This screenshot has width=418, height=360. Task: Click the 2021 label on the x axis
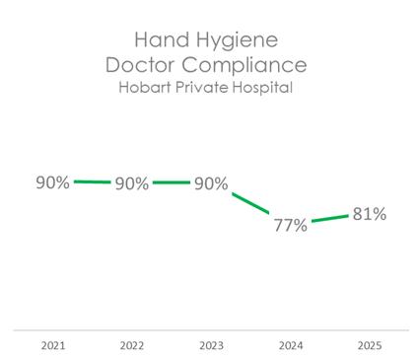53,345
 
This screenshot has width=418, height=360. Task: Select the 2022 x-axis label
132,345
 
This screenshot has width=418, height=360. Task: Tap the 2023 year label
212,345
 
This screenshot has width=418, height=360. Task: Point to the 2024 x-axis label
291,345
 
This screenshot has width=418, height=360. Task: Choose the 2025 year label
370,345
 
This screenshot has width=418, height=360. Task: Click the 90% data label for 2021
52,182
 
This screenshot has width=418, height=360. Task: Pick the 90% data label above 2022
132,183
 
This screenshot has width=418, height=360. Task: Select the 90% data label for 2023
211,183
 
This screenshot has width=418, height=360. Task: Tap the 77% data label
291,225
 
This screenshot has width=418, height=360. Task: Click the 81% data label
370,214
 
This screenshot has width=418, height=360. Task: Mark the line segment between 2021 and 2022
93,181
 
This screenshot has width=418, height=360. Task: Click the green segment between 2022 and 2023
172,182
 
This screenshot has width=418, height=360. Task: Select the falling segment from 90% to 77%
250,203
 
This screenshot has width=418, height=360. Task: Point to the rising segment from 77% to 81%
330,218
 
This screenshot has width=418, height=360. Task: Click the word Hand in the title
162,39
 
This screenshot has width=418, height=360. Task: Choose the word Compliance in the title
244,66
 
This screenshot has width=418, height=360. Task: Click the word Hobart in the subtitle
145,87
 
